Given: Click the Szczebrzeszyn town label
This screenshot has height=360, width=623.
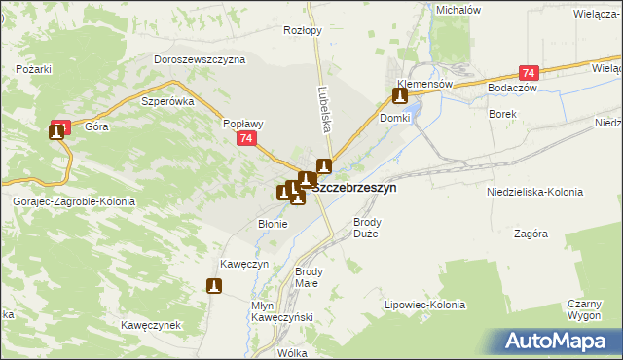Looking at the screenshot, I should (354, 188).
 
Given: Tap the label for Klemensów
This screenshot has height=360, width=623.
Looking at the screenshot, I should (424, 85).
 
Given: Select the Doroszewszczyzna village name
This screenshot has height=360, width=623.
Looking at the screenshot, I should (200, 59).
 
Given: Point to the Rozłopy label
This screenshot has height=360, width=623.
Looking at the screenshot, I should (302, 30).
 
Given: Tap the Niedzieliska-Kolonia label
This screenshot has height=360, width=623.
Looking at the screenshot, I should (533, 193).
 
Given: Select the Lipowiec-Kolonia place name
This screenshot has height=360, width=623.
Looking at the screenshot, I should (425, 306).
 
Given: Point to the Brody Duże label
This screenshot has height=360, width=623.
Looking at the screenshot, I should (366, 228).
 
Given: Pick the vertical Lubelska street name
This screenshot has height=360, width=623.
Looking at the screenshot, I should (321, 105).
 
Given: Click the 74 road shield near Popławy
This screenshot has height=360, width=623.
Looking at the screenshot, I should (248, 140).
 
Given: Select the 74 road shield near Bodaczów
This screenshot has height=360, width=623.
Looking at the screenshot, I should (529, 74).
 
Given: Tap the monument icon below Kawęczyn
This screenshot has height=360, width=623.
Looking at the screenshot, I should (214, 286).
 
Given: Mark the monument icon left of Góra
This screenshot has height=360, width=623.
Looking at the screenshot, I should (56, 131).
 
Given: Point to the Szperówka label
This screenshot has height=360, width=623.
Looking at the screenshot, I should (168, 101).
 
